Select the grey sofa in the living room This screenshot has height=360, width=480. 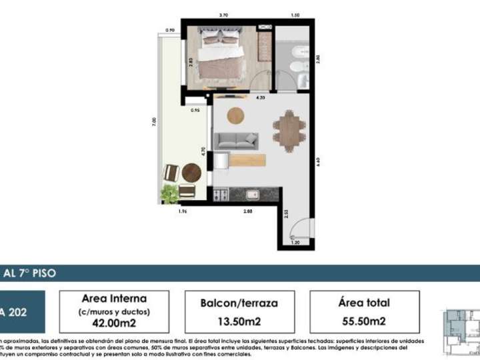[235, 140]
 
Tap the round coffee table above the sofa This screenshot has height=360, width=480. [237, 115]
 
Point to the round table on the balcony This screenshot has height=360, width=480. [191, 173]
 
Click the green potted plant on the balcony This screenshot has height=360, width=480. [170, 193]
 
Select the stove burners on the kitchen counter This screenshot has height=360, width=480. [221, 195]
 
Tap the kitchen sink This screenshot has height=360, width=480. [253, 195]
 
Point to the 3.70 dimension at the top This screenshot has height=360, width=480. [224, 15]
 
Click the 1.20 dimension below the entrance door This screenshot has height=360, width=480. [295, 244]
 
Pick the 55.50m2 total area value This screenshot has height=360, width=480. [363, 321]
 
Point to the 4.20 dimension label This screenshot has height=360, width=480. [261, 98]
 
